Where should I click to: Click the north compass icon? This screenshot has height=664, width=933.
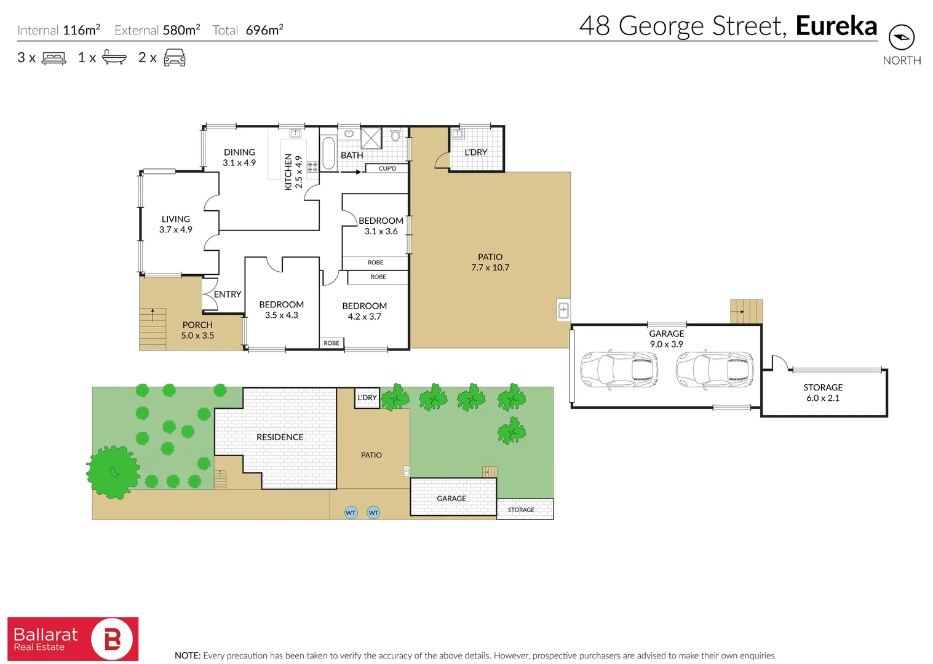point(901,38)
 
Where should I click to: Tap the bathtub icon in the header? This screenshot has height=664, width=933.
point(114,57)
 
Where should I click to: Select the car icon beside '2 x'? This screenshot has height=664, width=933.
point(175,58)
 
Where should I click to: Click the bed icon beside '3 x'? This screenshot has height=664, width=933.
point(54,58)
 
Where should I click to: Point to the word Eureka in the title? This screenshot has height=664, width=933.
point(836,26)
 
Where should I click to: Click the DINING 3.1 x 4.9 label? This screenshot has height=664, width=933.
point(239,157)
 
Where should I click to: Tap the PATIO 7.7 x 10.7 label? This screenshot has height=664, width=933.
point(490,262)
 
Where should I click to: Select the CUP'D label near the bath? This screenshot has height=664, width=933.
point(387,168)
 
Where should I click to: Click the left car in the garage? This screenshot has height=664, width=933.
point(619,370)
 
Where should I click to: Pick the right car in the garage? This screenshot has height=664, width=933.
point(714,370)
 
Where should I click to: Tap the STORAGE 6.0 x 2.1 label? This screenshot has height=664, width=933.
point(823,392)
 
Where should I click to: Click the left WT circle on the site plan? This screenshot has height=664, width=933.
point(351,512)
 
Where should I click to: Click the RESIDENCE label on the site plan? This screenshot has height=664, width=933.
point(280,437)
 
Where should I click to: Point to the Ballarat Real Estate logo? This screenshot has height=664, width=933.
point(73,639)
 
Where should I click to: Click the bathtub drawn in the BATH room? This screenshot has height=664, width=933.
point(328,153)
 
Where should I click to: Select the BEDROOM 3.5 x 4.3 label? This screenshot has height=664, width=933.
point(281,309)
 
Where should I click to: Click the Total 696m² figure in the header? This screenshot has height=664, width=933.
point(248,30)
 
